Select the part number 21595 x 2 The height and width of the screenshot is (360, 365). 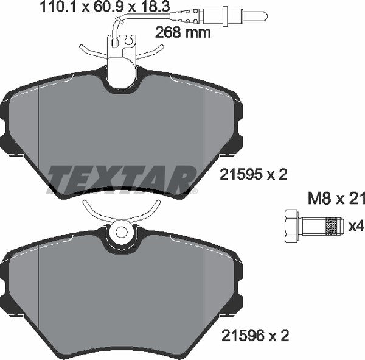click(252, 175)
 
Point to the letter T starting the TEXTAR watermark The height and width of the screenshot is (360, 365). click(61, 178)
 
